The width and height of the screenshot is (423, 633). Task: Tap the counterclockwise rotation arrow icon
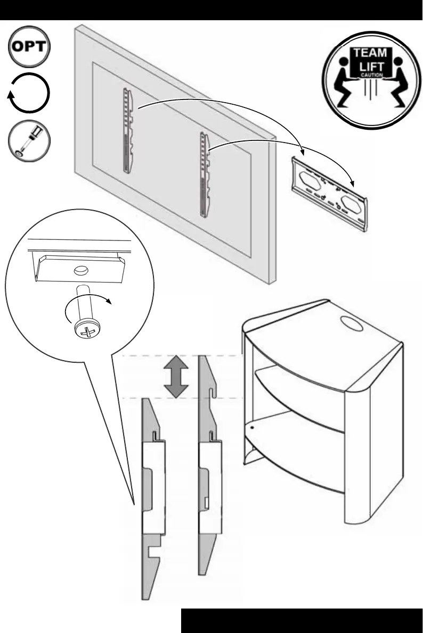coord(30,94)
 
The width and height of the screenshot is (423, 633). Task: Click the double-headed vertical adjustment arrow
coord(176,377)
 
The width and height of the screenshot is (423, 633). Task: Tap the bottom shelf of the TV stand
coord(296,468)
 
